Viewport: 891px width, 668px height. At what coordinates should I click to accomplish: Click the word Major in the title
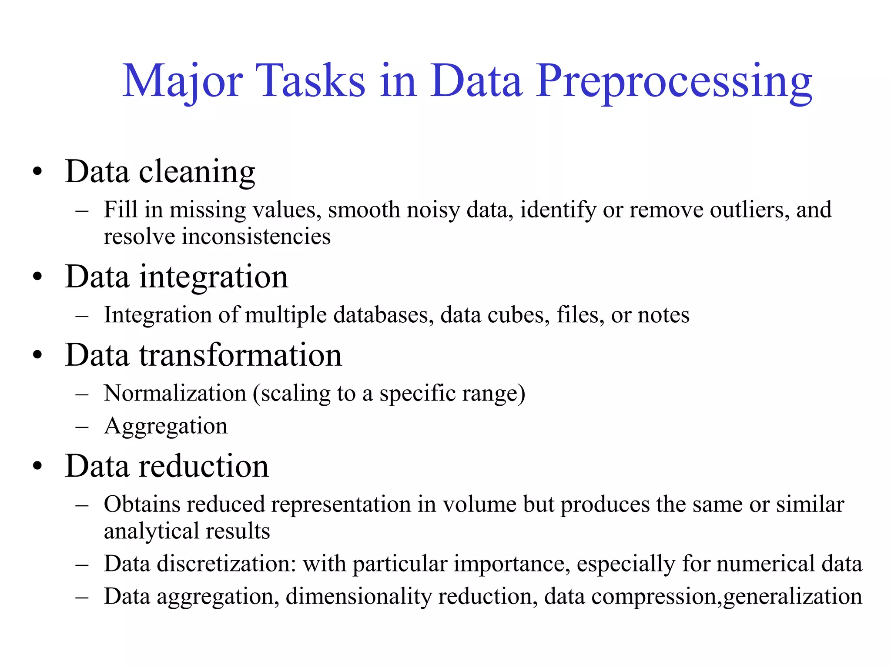[x=182, y=82]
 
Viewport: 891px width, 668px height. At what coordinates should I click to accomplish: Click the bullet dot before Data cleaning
[x=38, y=171]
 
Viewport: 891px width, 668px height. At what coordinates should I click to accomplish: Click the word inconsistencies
[x=256, y=237]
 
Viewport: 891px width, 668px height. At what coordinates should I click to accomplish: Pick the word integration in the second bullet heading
[x=213, y=277]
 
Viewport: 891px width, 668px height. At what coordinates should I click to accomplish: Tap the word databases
[x=383, y=315]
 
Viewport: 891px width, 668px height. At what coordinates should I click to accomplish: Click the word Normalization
[x=175, y=393]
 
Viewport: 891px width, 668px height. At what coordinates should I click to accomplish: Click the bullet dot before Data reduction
[x=38, y=466]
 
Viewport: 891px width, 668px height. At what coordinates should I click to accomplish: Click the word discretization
[x=226, y=564]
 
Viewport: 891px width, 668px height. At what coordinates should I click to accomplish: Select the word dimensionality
[x=358, y=596]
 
